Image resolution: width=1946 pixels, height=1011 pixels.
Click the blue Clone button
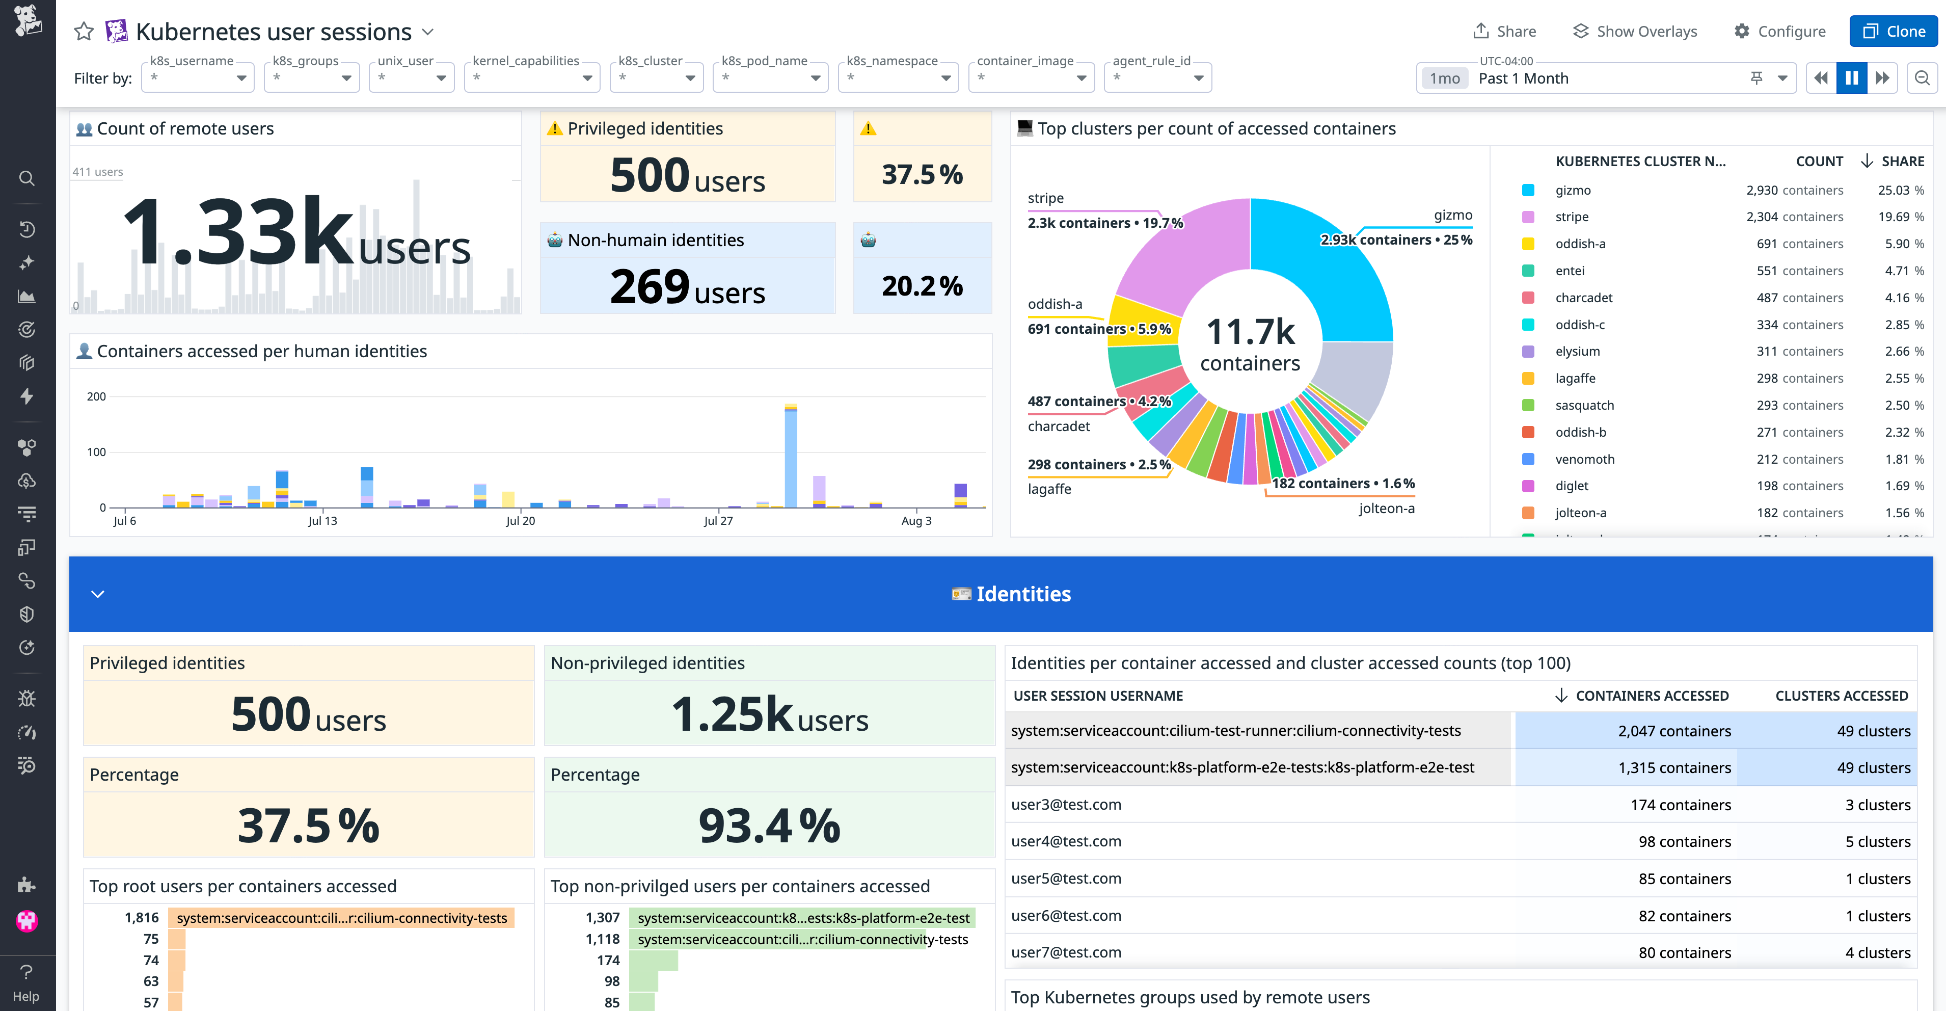1893,31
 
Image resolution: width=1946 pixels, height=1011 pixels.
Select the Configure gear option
1780,31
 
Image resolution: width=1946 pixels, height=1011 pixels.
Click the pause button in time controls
1852,78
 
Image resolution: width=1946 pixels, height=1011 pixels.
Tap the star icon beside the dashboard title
84,31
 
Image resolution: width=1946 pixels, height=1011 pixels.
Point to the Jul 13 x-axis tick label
322,521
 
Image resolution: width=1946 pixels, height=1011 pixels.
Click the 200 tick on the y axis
97,396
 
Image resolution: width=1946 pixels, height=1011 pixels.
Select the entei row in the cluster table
1570,271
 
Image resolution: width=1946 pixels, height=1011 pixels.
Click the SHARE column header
1902,161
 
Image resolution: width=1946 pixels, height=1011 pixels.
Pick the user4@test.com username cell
1066,841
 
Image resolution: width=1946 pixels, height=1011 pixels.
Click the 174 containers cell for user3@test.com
1680,805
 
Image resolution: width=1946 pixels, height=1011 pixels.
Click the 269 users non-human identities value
687,287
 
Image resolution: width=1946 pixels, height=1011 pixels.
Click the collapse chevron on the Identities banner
97,594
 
